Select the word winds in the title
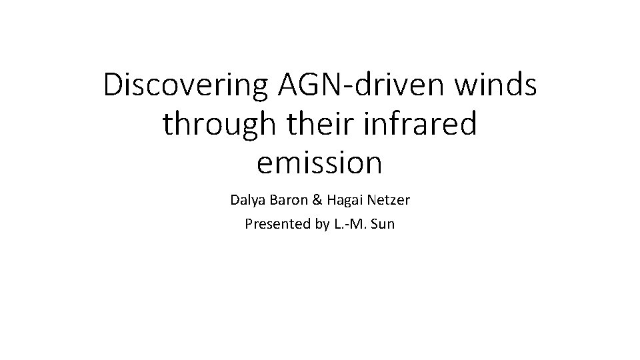495,87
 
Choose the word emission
320,163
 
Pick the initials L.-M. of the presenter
350,224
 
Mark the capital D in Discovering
113,87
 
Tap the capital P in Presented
249,224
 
